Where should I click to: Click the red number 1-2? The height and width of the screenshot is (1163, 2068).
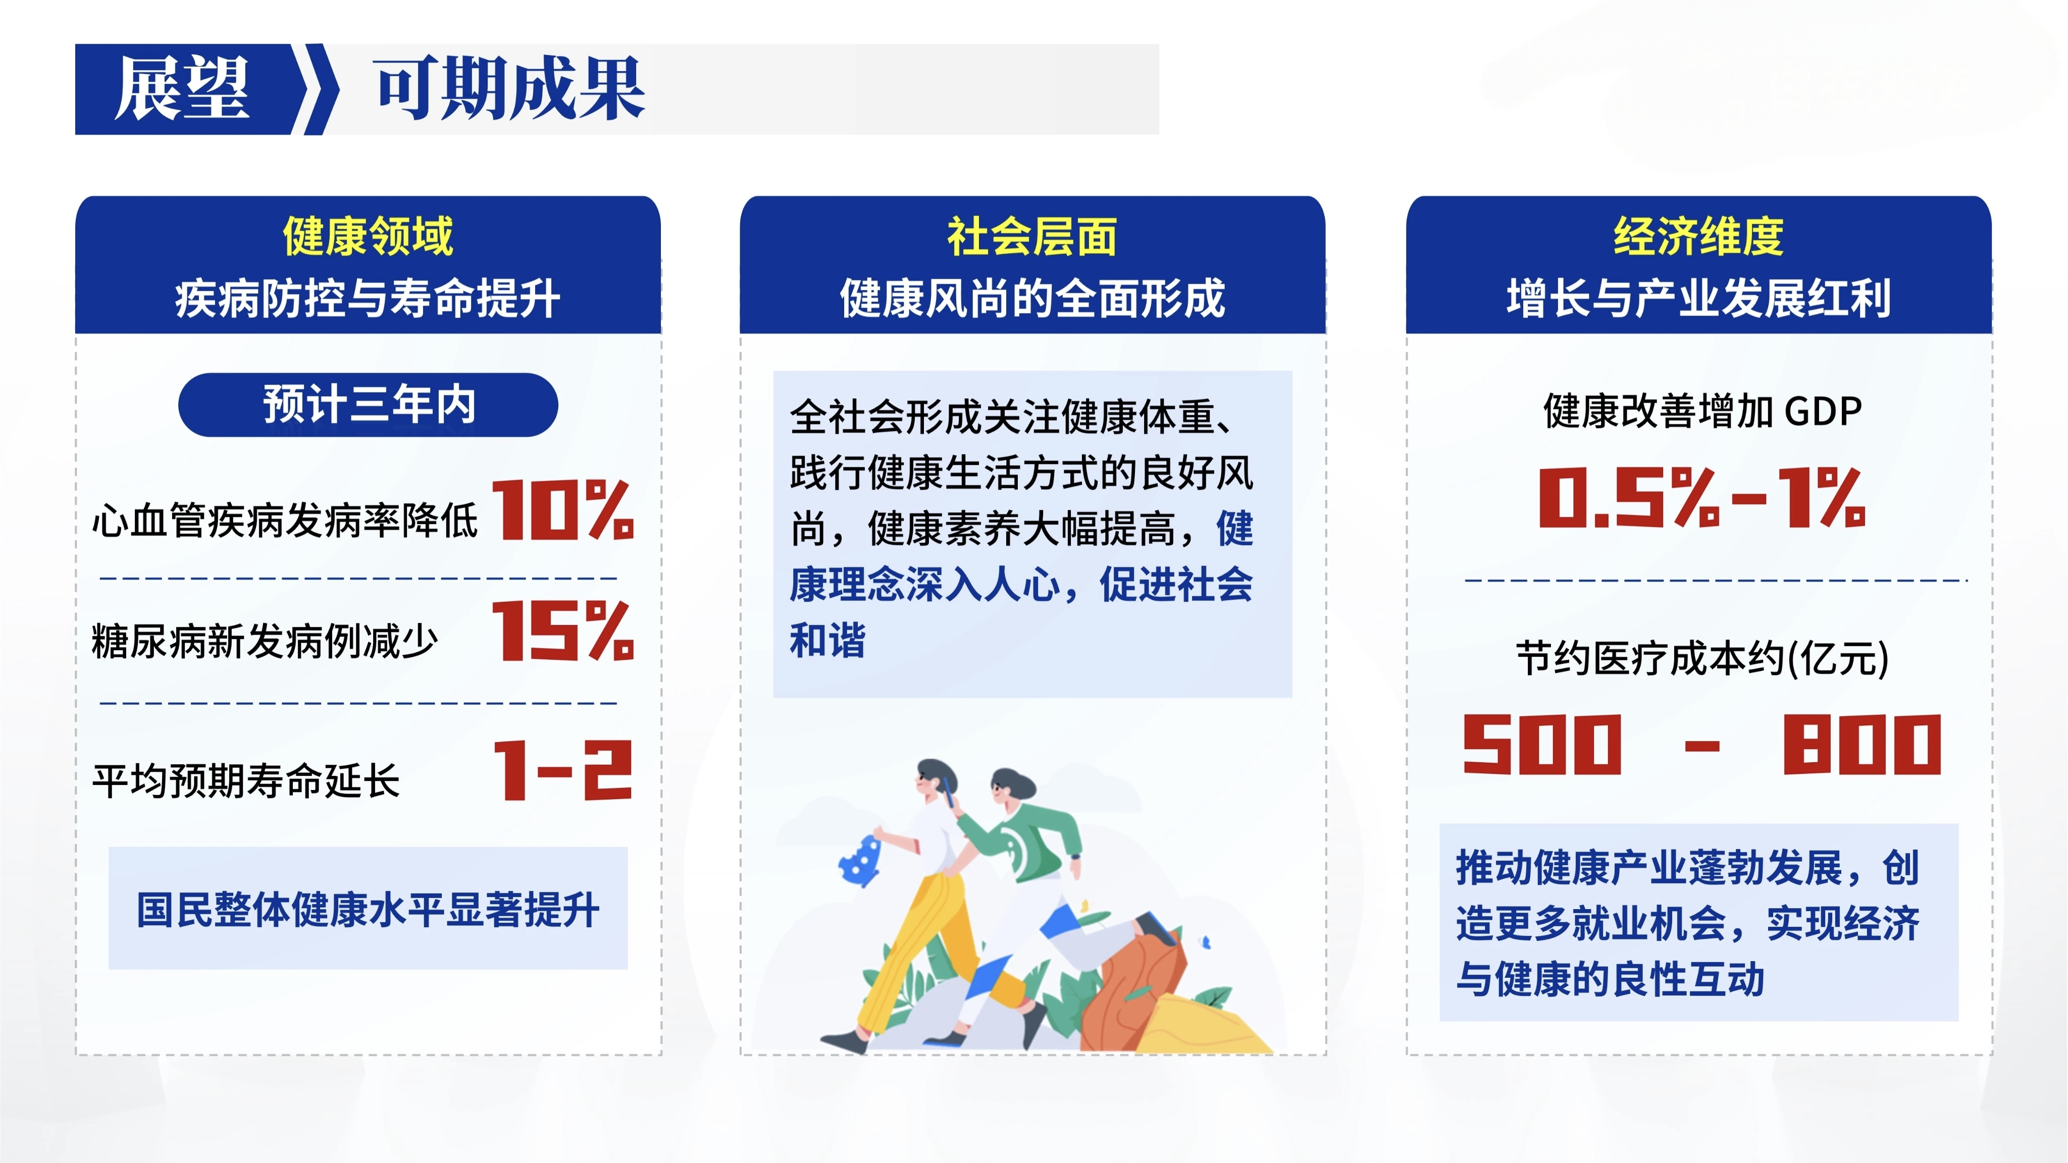[563, 770]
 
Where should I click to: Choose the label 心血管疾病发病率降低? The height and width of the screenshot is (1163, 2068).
[285, 520]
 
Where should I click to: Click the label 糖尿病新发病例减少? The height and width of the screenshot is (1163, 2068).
[265, 641]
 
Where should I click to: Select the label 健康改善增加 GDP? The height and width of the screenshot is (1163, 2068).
[1702, 411]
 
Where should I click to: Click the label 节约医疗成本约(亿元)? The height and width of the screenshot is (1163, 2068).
[1702, 658]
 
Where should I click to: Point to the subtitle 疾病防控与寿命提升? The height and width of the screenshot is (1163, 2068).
[368, 299]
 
